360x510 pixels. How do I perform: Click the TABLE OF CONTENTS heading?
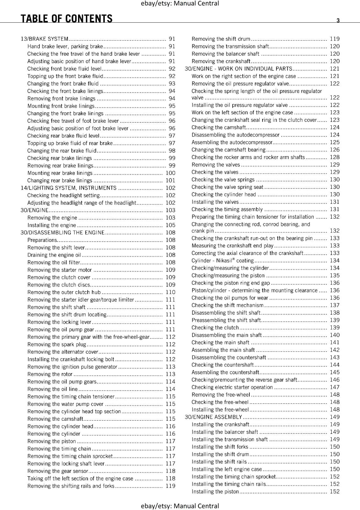click(67, 19)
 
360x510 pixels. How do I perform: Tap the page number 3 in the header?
click(338, 20)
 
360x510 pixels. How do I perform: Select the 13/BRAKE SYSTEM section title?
click(45, 39)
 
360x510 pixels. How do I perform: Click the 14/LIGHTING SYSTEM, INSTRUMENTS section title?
click(68, 188)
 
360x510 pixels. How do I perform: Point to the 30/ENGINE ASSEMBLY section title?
click(213, 417)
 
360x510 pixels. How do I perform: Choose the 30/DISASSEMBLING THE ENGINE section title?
click(62, 232)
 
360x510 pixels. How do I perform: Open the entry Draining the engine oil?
click(54, 255)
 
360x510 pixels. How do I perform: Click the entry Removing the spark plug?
click(57, 344)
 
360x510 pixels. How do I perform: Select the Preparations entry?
click(42, 240)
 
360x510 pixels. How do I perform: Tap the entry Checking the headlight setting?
click(63, 195)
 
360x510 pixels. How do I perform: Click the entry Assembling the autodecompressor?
click(232, 142)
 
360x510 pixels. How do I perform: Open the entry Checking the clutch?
click(215, 327)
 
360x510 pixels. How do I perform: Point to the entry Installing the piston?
click(215, 492)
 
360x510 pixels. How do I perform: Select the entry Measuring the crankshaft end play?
click(233, 245)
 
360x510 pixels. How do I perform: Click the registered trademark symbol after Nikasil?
click(233, 259)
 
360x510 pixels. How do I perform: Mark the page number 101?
click(170, 180)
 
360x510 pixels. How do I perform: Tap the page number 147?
click(335, 387)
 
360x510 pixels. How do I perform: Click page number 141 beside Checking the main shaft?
click(335, 342)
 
